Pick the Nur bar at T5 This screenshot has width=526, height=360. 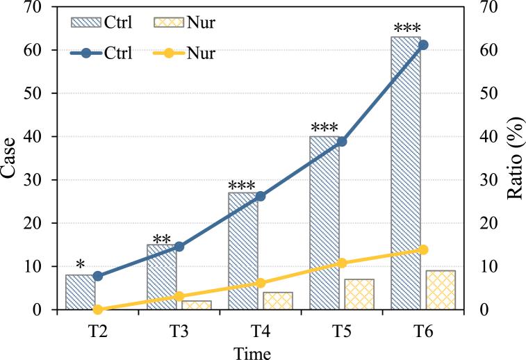point(359,294)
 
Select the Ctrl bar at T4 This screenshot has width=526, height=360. point(243,251)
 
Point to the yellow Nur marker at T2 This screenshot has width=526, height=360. point(97,309)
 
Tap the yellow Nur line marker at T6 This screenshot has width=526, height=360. point(423,249)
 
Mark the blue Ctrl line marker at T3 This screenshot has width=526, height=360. point(179,246)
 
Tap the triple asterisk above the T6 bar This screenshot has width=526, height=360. point(405,28)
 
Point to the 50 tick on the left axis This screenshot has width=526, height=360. point(40,93)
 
